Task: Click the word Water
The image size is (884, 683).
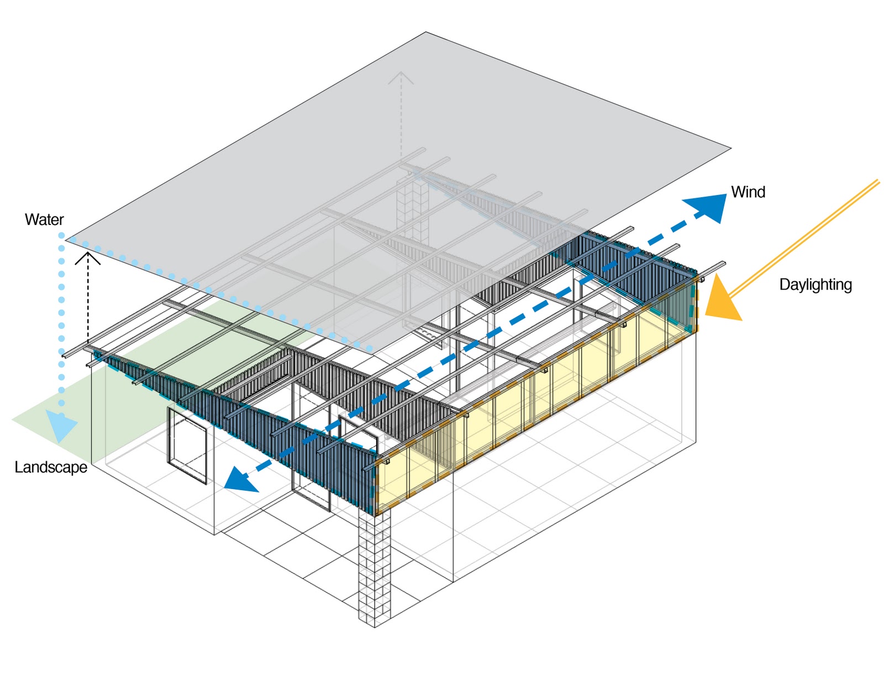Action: pos(44,220)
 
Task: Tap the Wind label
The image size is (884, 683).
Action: pos(748,192)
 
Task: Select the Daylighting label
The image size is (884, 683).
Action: pos(815,285)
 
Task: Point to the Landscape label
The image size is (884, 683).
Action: pos(51,467)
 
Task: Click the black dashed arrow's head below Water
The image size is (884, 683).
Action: pos(88,257)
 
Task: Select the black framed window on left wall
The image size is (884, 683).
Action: pos(187,445)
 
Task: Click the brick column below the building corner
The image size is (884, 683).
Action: pos(375,569)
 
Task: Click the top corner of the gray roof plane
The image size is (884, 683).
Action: pos(425,33)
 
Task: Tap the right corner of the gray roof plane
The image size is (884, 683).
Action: pos(730,148)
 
